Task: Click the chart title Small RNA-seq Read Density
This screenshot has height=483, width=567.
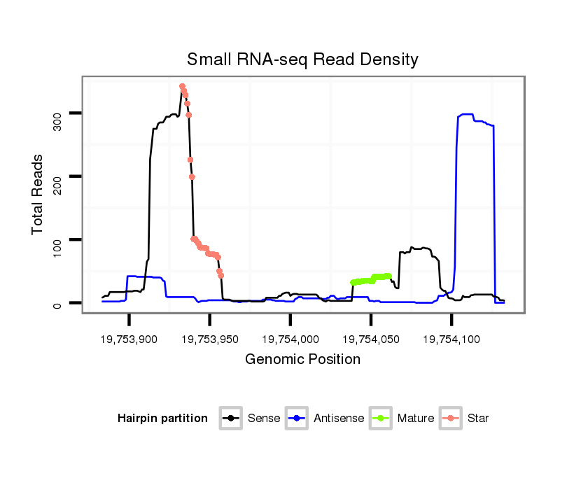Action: click(302, 59)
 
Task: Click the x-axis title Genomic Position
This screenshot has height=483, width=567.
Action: click(302, 360)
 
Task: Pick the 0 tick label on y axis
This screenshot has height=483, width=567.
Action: click(57, 304)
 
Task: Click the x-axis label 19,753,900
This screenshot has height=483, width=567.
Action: click(129, 339)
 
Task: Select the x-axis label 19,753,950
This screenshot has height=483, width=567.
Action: click(209, 339)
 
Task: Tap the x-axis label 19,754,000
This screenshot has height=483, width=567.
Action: click(290, 339)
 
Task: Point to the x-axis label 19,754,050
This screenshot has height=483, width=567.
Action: click(370, 339)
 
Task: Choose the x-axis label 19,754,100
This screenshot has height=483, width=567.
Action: click(451, 339)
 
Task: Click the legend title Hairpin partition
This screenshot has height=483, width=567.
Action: click(162, 419)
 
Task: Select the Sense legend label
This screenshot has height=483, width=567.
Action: click(264, 419)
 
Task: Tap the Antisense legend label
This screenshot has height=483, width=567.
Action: click(339, 419)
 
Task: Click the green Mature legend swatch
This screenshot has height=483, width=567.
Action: click(381, 419)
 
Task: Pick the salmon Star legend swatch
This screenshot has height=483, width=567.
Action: click(451, 419)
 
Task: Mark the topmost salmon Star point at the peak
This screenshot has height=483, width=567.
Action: click(182, 86)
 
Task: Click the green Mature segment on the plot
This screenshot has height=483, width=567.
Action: click(371, 279)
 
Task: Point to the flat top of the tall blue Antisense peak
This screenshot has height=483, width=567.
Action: click(467, 115)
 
